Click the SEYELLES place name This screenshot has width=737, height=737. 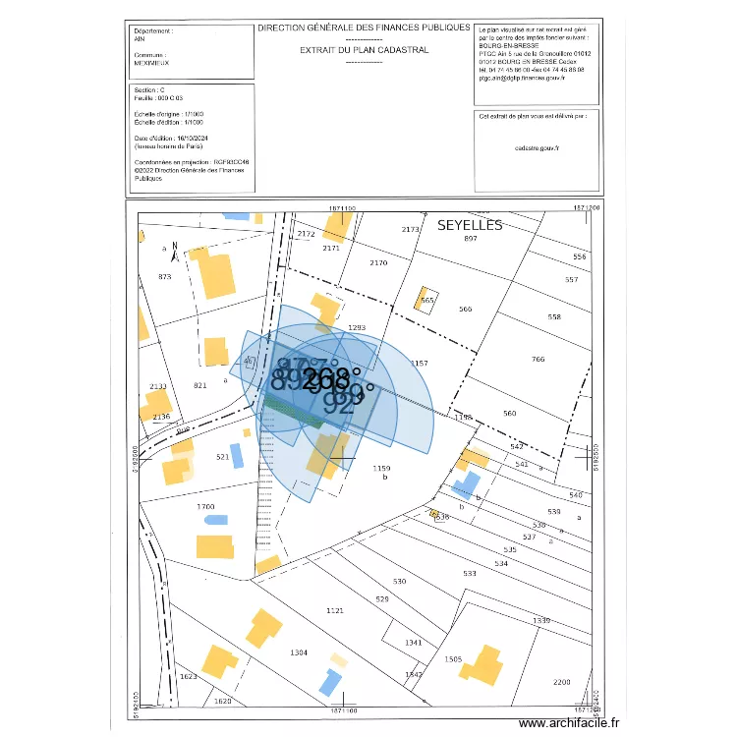470,225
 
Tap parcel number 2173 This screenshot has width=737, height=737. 411,229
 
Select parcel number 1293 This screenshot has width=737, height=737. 357,328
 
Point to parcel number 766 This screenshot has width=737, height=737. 537,360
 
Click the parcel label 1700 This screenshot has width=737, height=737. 205,506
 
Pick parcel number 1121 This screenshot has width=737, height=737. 335,610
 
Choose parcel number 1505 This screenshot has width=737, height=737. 453,659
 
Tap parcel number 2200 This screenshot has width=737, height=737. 561,682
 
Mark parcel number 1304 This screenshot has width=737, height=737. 299,652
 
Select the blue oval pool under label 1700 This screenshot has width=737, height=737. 215,519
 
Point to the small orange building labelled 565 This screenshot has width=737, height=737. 426,301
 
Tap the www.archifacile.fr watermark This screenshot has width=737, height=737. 569,723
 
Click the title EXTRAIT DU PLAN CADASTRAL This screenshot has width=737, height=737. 364,49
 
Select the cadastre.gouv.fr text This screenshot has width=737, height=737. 536,147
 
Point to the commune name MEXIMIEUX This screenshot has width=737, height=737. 151,62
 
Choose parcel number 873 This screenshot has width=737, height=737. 164,277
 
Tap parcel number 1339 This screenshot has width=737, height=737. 540,620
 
